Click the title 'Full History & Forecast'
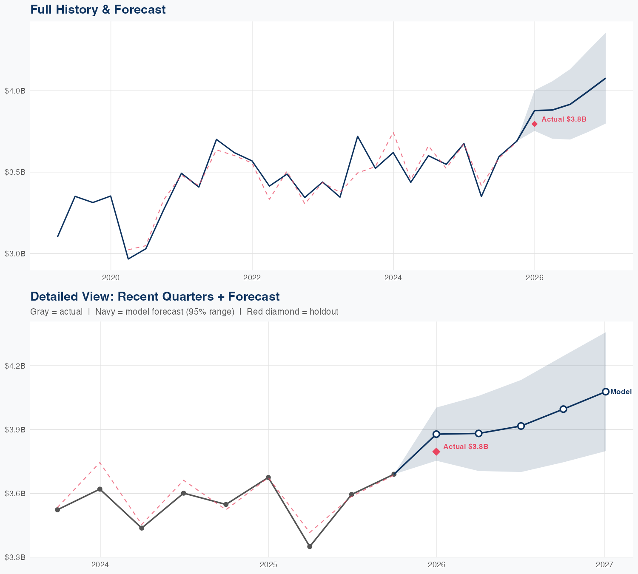[x=98, y=9]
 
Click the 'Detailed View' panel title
[x=155, y=296]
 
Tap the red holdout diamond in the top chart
[x=535, y=124]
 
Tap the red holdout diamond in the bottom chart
[x=436, y=452]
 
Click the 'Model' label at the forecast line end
[x=621, y=392]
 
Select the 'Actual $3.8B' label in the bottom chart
[x=466, y=446]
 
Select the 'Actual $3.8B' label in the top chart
[x=564, y=119]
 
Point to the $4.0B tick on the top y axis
[x=15, y=91]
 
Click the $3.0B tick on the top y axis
[x=15, y=253]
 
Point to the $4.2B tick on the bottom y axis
[x=15, y=366]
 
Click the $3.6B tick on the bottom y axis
[x=15, y=493]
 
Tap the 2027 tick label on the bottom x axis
[x=604, y=565]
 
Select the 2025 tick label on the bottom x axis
[x=268, y=565]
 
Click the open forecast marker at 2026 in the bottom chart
[x=436, y=434]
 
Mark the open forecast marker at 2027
[x=605, y=392]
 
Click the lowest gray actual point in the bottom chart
[x=310, y=546]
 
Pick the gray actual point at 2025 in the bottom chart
[x=268, y=477]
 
